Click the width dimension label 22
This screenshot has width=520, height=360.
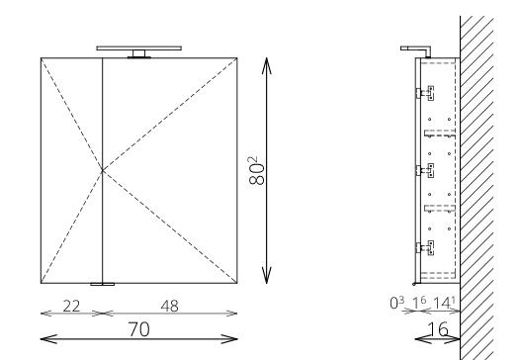(71, 306)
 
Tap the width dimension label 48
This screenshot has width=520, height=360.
(169, 306)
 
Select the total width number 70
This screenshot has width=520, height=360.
(139, 329)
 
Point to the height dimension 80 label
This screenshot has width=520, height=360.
(257, 170)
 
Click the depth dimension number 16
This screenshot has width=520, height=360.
(438, 329)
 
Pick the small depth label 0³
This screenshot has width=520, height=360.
(397, 303)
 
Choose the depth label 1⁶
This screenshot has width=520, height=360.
(419, 303)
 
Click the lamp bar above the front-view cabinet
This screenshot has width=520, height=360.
(139, 48)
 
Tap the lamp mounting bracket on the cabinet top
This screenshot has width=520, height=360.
(139, 54)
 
